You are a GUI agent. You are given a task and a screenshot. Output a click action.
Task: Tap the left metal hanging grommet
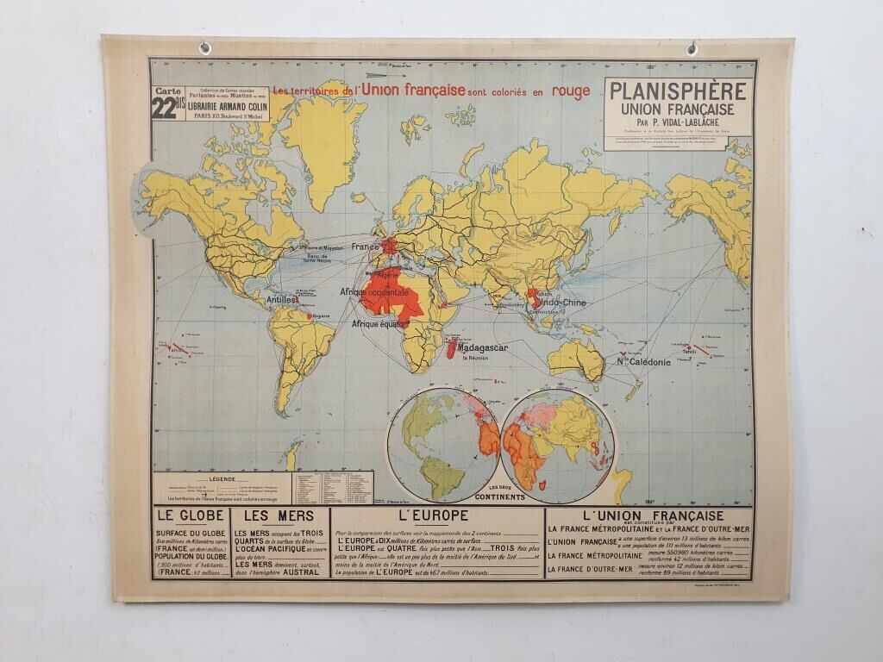point(204,48)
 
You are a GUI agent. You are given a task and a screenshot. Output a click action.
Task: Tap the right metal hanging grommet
point(692,49)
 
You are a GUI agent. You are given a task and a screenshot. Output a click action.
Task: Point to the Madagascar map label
point(482,347)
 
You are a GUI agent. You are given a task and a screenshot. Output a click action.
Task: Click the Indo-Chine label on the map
point(562,303)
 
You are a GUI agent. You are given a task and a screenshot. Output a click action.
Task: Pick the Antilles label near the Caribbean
point(281,300)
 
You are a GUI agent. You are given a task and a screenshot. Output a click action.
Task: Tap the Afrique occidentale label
point(374,293)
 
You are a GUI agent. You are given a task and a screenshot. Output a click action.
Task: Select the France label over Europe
point(365,246)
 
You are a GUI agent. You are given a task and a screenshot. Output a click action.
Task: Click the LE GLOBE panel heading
point(191,516)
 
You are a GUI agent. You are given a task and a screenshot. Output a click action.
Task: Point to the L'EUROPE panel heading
point(433,515)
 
